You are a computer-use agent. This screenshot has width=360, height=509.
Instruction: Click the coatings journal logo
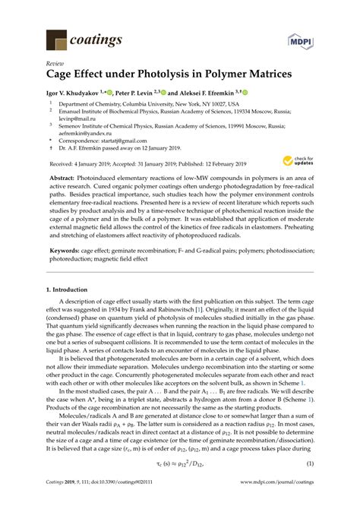pos(75,37)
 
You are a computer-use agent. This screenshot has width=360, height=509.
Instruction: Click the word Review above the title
pos(55,65)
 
